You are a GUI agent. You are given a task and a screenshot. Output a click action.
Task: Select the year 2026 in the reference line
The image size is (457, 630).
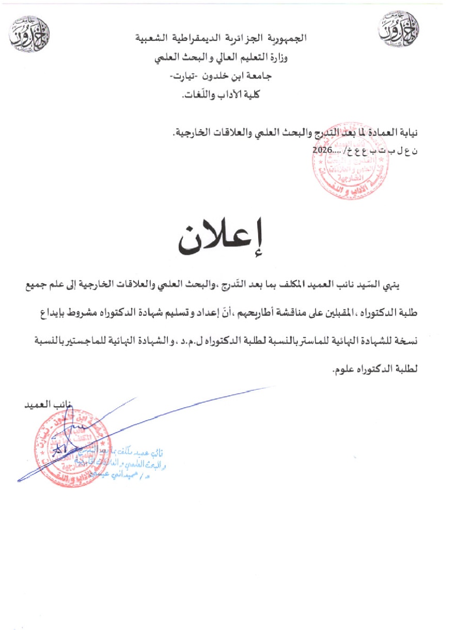point(323,149)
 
